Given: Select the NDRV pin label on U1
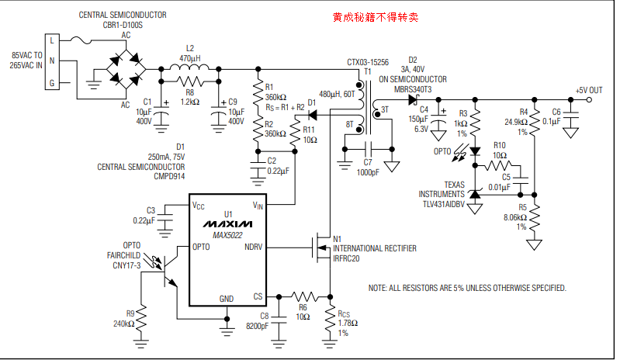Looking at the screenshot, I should click(x=253, y=247).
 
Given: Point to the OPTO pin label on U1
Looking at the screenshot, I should click(x=202, y=247).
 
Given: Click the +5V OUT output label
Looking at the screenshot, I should click(x=589, y=91).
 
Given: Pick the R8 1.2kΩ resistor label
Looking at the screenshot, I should click(x=190, y=102).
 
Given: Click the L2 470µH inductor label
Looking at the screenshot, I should click(x=190, y=53).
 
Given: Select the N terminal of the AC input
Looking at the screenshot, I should click(x=52, y=61).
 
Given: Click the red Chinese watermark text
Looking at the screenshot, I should click(x=375, y=16).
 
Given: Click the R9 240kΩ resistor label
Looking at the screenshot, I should click(x=124, y=320).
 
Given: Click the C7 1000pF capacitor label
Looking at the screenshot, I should click(x=369, y=168).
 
